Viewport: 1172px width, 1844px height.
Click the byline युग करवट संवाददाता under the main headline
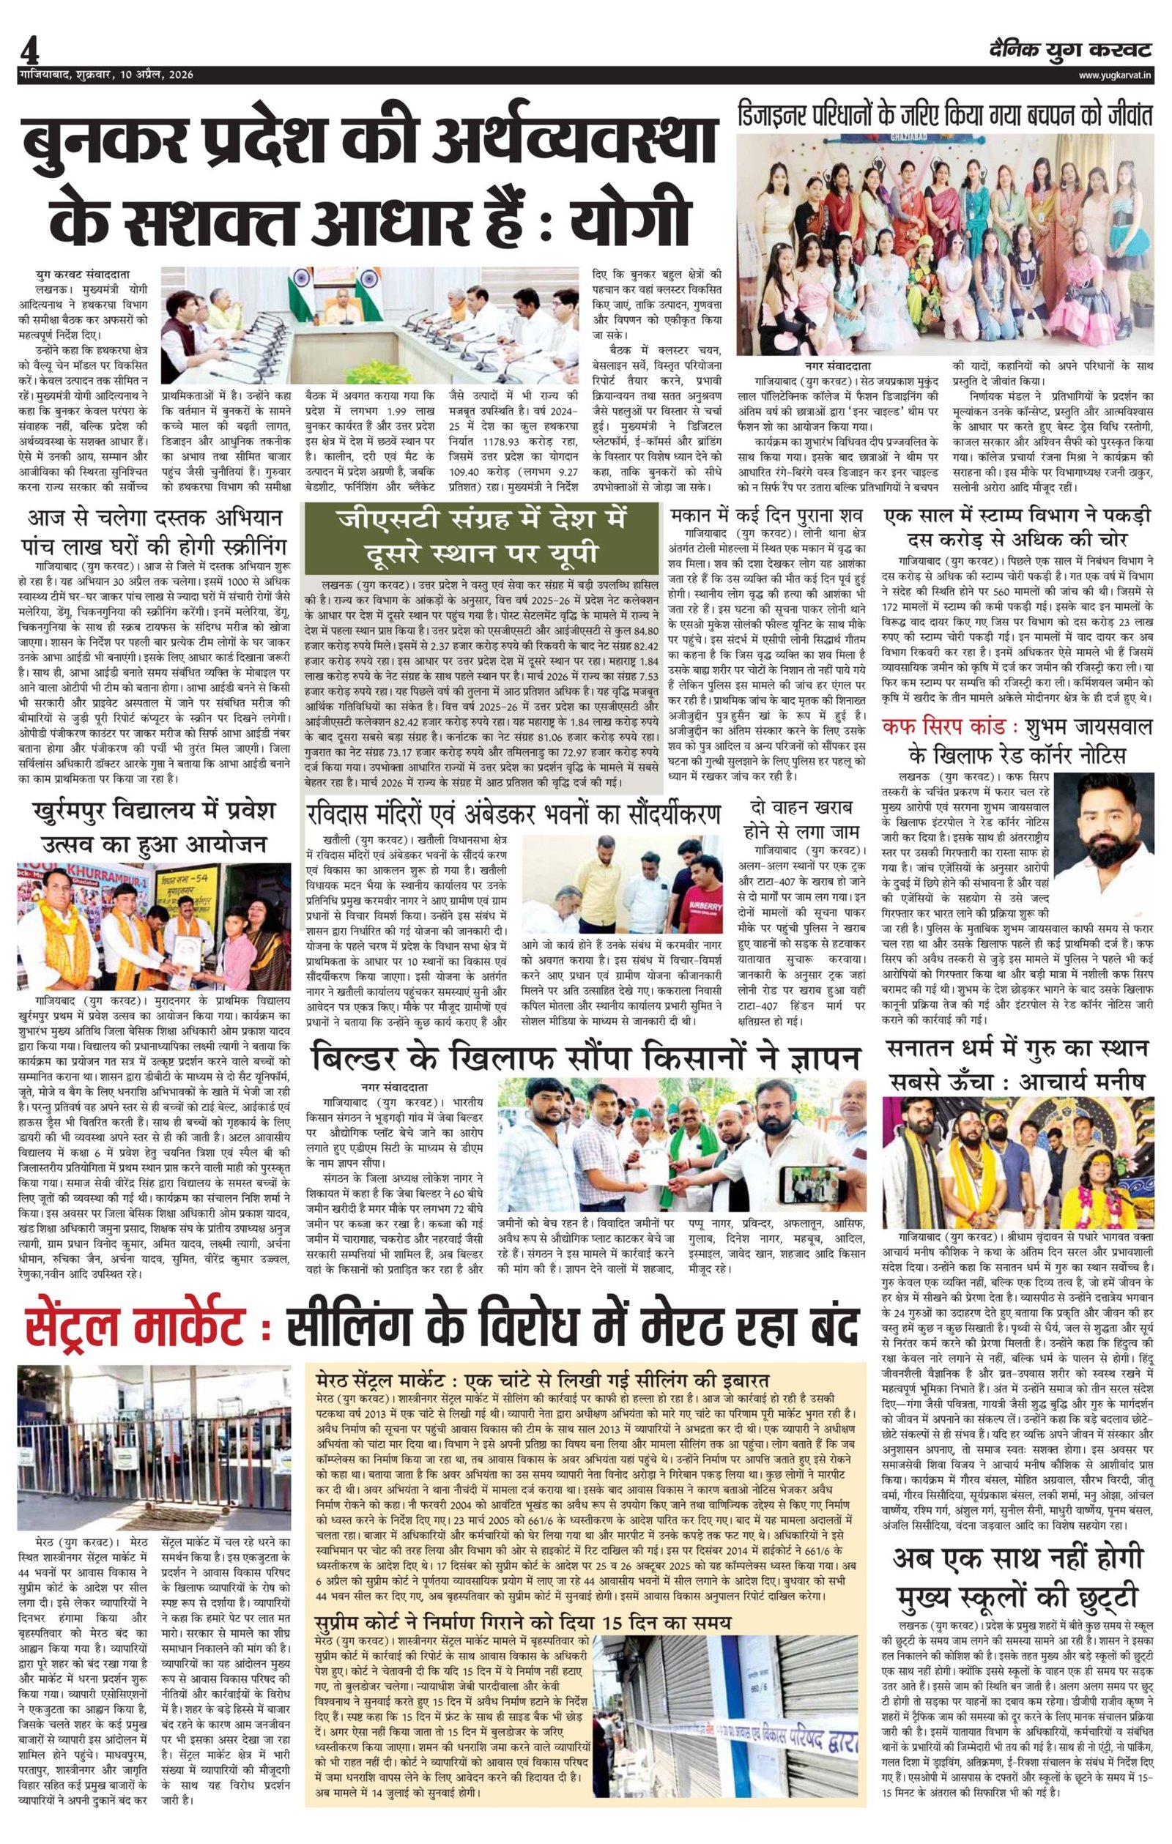pos(88,272)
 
